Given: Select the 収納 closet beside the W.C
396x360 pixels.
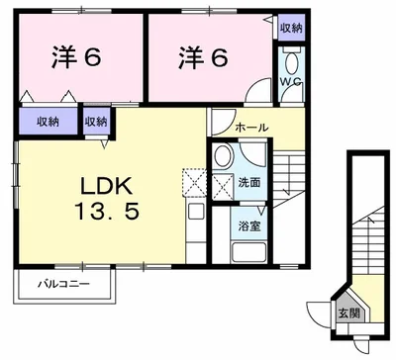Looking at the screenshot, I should click(x=289, y=29).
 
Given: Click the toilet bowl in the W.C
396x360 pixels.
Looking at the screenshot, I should click(x=290, y=92).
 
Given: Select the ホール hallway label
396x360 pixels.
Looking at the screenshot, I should click(x=251, y=129).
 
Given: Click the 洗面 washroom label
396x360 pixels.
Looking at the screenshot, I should click(x=249, y=183).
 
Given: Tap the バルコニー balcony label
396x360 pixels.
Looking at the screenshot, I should click(x=65, y=285).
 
